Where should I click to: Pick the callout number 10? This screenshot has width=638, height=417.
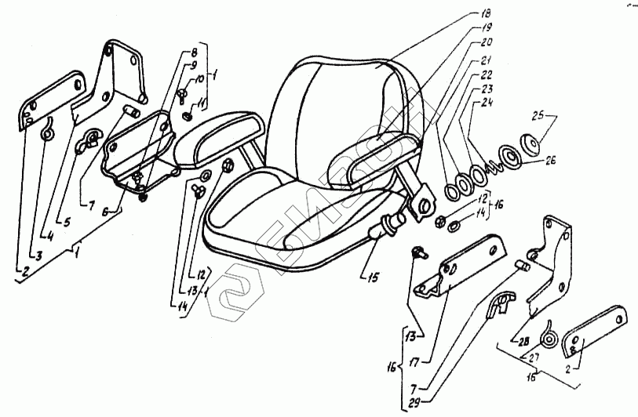(x=199, y=78)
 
